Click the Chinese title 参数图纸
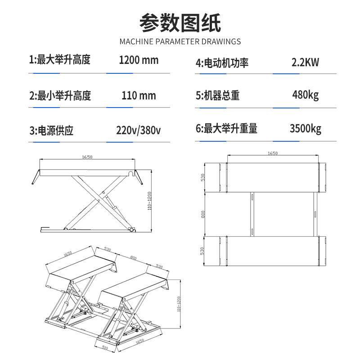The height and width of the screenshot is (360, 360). pyautogui.click(x=180, y=23)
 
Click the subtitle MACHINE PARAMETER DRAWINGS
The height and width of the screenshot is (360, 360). pyautogui.click(x=180, y=41)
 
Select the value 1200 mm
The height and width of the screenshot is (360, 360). pyautogui.click(x=139, y=60)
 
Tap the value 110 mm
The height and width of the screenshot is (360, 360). pyautogui.click(x=139, y=95)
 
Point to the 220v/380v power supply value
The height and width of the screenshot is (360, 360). pyautogui.click(x=139, y=130)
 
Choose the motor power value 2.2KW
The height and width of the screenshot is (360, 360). pyautogui.click(x=305, y=62)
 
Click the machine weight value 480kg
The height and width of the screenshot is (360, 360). pyautogui.click(x=306, y=95)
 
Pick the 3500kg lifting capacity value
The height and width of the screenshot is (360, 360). pyautogui.click(x=306, y=129)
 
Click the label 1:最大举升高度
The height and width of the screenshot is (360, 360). pyautogui.click(x=60, y=60)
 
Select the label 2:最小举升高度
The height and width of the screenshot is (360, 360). pyautogui.click(x=60, y=95)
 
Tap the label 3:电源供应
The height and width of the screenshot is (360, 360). pyautogui.click(x=51, y=130)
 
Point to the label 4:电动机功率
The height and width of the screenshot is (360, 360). pyautogui.click(x=222, y=63)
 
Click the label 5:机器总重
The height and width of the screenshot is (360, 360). pyautogui.click(x=218, y=95)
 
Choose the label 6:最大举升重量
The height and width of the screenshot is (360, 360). pyautogui.click(x=226, y=128)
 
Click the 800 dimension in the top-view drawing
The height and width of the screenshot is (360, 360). pyautogui.click(x=203, y=215)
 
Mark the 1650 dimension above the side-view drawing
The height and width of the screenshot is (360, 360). pyautogui.click(x=87, y=157)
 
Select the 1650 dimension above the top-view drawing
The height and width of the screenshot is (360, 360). pyautogui.click(x=273, y=153)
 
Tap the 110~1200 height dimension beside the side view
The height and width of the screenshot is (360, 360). pyautogui.click(x=149, y=201)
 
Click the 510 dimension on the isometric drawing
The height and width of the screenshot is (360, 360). pyautogui.click(x=105, y=348)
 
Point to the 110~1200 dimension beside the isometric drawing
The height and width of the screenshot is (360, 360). pyautogui.click(x=179, y=304)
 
